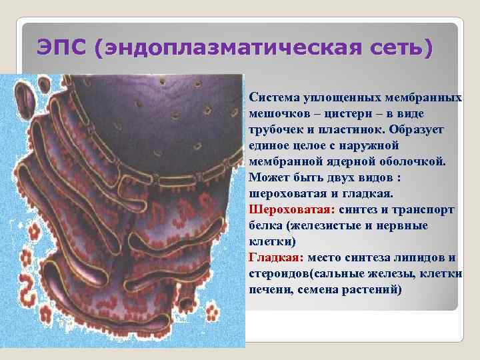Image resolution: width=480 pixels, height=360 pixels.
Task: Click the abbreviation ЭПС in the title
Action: (x=63, y=48)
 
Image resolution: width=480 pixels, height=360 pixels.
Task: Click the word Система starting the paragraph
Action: (x=275, y=98)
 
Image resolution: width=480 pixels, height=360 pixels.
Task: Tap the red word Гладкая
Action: (x=273, y=258)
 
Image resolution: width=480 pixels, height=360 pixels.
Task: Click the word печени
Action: (x=267, y=290)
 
